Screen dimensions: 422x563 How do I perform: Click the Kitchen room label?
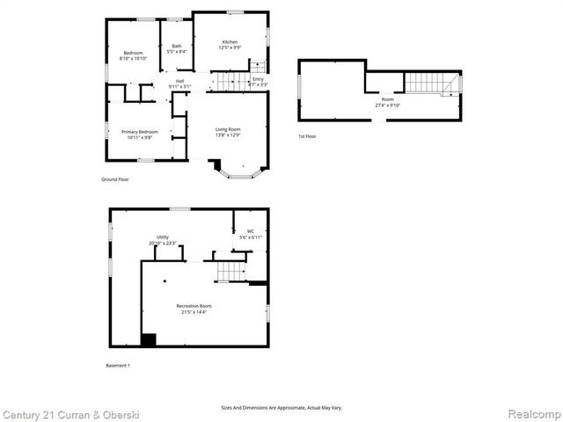tap(230, 42)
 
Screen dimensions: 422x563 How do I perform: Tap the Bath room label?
tap(177, 47)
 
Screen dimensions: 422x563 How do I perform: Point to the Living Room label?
tap(228, 130)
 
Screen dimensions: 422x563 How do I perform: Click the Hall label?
tap(179, 81)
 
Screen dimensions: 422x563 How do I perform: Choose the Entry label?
tap(258, 80)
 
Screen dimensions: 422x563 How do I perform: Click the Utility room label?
tap(163, 237)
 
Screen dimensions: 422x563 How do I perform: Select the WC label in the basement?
tap(251, 231)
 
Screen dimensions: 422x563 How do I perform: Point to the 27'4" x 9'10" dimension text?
tap(387, 105)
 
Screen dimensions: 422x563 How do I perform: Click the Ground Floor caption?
tap(115, 179)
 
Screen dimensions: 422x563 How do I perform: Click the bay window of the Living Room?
tap(239, 172)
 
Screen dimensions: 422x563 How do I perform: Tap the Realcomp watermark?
tap(530, 413)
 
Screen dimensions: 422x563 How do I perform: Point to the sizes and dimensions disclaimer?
tap(281, 408)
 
